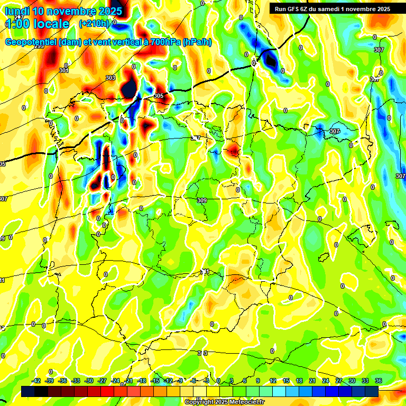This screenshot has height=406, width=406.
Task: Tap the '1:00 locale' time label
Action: coord(38,24)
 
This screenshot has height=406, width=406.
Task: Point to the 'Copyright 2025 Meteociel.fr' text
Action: coord(224,402)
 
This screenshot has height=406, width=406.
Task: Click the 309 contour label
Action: coord(201,200)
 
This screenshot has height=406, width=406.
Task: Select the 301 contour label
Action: coord(64,70)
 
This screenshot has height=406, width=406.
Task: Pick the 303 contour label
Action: coord(110,78)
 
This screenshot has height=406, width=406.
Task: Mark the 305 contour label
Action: coord(159,96)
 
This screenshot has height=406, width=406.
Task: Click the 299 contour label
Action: coord(39,47)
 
